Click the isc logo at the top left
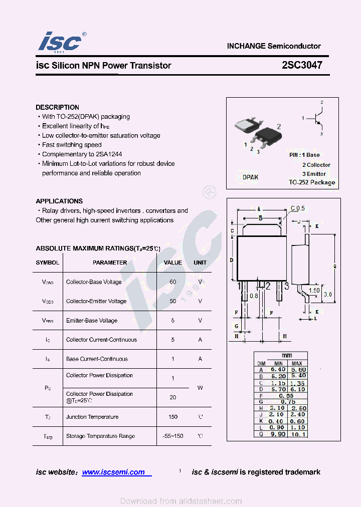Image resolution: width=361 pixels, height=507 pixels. [60, 42]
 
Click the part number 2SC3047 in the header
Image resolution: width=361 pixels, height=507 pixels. [302, 65]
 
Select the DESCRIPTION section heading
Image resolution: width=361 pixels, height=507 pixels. [57, 107]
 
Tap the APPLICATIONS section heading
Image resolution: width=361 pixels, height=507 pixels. [59, 201]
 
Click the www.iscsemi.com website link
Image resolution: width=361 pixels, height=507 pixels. [113, 472]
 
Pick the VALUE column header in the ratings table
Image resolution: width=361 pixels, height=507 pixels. [173, 263]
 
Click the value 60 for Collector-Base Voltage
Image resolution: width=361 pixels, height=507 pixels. [173, 282]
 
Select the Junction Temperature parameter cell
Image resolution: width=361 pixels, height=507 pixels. [92, 417]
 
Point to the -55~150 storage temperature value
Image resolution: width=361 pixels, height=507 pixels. [173, 436]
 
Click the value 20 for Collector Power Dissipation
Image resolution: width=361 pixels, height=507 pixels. [173, 397]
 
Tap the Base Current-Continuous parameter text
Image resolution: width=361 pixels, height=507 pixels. [97, 359]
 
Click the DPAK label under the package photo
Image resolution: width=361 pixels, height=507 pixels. [250, 177]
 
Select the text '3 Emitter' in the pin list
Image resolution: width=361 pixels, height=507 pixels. [314, 174]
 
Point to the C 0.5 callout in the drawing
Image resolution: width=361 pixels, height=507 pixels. [297, 208]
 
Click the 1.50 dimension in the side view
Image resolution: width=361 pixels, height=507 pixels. [314, 291]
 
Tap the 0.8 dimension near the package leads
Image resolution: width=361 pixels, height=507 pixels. [254, 296]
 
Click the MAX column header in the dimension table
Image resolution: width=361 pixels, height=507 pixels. [297, 363]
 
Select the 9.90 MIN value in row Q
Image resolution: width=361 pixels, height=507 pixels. [278, 434]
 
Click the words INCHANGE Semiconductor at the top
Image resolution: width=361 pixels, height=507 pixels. [274, 46]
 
